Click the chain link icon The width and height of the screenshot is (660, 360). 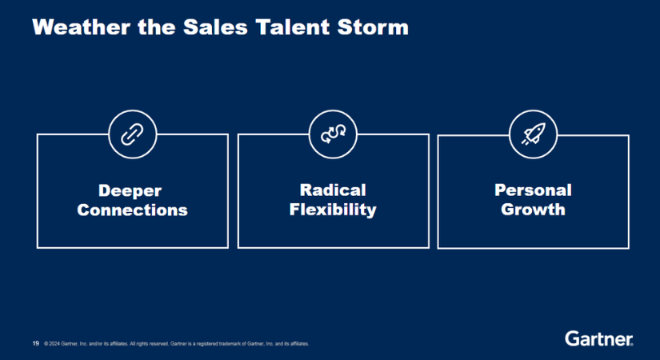pos(132,134)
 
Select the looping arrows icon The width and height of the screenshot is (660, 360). pos(332,134)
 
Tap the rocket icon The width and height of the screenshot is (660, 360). pos(533,134)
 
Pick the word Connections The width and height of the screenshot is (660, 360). pos(132,210)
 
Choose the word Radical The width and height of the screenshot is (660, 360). pos(332,190)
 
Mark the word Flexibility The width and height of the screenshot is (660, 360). pos(332,210)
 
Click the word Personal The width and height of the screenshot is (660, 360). pos(533,190)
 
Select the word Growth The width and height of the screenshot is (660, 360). pos(533,210)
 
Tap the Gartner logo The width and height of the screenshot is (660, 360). pos(598,338)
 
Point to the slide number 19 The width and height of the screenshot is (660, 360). pos(35,343)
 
